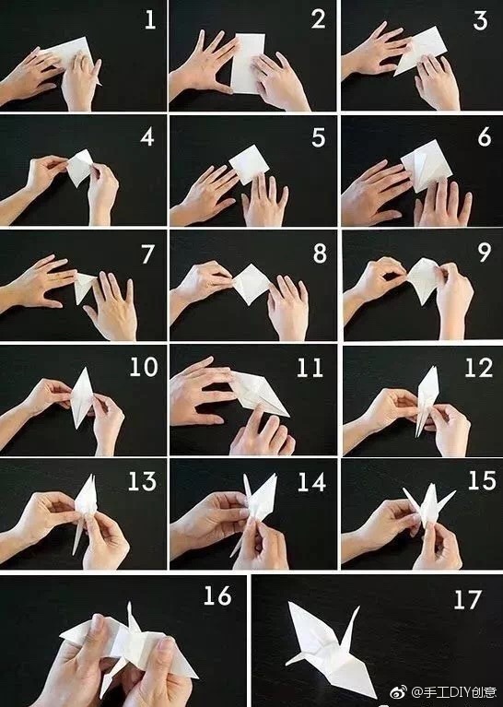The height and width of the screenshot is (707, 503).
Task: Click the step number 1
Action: point(150,20)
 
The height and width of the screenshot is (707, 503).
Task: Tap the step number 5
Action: point(318,137)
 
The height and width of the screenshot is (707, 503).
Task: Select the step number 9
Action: point(485,253)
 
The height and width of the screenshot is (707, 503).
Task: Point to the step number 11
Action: point(310,368)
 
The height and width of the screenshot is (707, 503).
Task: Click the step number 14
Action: point(311,482)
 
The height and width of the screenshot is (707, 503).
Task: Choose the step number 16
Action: point(217,595)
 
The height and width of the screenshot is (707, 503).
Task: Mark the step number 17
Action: point(467,600)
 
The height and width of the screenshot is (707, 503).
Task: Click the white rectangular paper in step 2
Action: point(248,63)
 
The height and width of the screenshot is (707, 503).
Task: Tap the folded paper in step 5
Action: point(249,165)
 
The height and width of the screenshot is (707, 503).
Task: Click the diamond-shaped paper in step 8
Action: point(251,284)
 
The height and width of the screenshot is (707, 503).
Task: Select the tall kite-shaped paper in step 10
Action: point(82,397)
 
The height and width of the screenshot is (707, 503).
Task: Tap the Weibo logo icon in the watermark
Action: point(398,691)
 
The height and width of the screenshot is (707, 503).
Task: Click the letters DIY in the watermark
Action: point(456,691)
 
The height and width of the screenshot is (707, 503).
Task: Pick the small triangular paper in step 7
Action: point(85,288)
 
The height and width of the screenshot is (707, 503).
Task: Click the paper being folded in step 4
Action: point(80,168)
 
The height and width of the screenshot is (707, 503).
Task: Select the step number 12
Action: point(479,368)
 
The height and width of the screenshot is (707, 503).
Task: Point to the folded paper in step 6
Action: point(426,166)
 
